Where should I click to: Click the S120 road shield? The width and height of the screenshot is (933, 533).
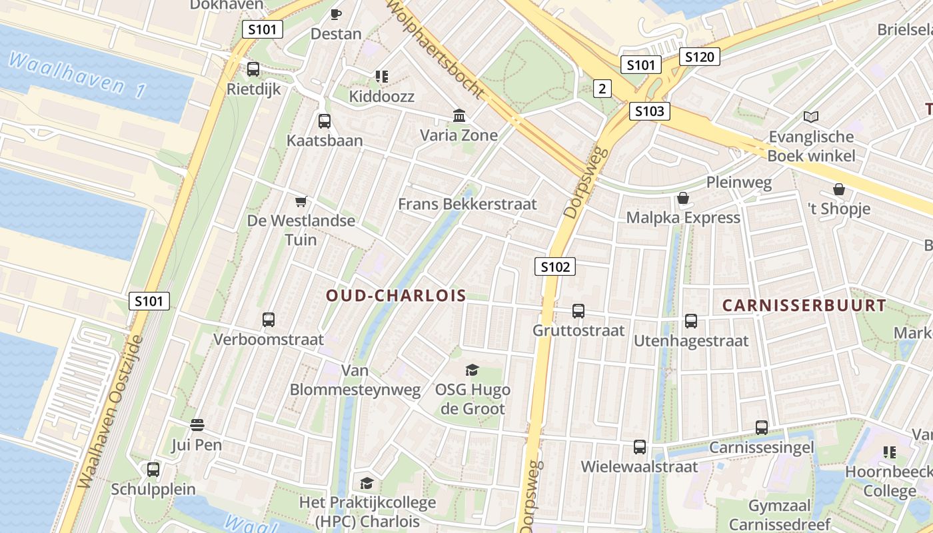tap(700, 57)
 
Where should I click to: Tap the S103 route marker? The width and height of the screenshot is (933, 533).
tap(649, 111)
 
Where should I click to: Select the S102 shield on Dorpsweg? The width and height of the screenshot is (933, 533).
tap(554, 267)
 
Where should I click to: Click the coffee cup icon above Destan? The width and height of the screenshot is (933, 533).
tap(336, 14)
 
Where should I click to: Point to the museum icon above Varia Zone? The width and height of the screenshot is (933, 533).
tap(459, 116)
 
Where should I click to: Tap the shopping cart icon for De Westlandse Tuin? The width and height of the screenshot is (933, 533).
tap(301, 201)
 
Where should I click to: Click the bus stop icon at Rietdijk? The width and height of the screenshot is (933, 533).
tap(253, 69)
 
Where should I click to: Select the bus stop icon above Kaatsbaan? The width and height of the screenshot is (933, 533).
tap(325, 121)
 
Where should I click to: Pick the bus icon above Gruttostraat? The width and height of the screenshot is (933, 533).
tap(578, 311)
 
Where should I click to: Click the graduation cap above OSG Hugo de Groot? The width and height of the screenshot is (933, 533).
tap(472, 370)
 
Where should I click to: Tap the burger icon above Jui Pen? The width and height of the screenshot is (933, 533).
tap(197, 425)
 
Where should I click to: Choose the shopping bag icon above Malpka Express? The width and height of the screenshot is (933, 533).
tap(683, 199)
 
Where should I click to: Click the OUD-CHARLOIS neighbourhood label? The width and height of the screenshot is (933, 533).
tap(396, 296)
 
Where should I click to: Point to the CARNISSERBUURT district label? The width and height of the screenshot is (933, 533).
tap(804, 306)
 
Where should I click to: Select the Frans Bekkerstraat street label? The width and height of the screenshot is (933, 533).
tap(467, 204)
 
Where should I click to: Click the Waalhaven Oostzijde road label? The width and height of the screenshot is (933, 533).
tap(110, 413)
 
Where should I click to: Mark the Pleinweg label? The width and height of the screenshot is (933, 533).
tap(738, 182)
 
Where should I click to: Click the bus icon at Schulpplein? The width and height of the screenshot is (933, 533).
tap(153, 470)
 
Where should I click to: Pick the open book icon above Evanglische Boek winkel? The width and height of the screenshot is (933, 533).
tap(810, 117)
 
